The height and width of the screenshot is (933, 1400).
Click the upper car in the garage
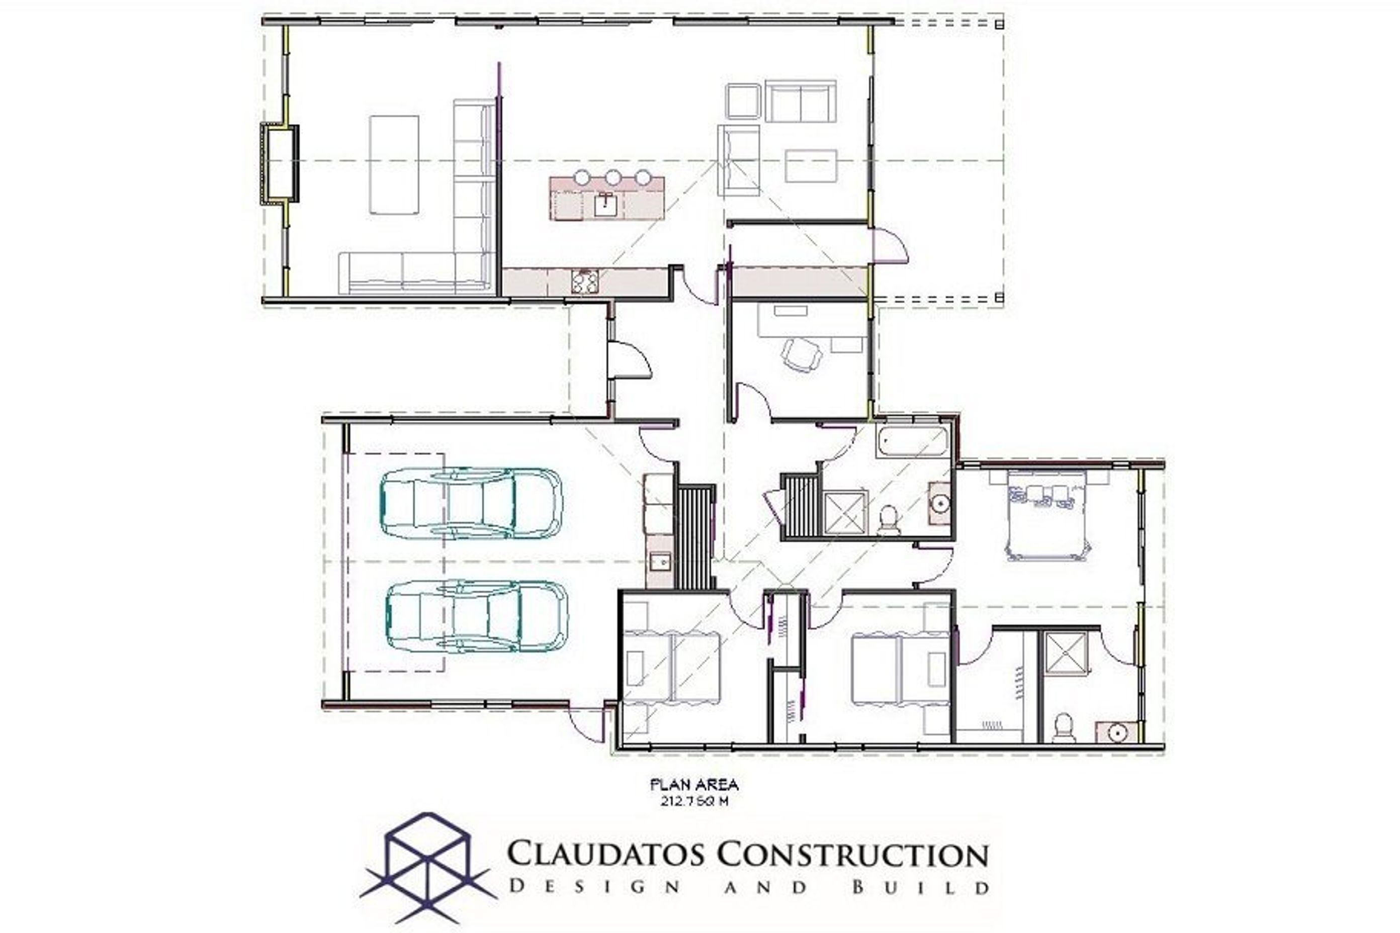pos(470,503)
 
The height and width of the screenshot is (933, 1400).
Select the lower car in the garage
pos(477,616)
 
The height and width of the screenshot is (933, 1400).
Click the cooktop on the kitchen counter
pos(584,282)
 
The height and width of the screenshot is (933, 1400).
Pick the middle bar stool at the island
pos(612,177)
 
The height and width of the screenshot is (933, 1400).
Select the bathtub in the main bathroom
pos(912,441)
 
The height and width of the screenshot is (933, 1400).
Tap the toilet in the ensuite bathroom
pos(1063,728)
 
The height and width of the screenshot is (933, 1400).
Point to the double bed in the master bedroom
pos(1049,515)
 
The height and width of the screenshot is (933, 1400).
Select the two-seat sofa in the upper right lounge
pos(800,102)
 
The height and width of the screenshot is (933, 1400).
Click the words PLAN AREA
pos(694,785)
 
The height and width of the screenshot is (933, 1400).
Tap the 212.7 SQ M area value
pos(694,801)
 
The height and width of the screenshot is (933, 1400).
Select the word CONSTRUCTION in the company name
pos(852,855)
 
